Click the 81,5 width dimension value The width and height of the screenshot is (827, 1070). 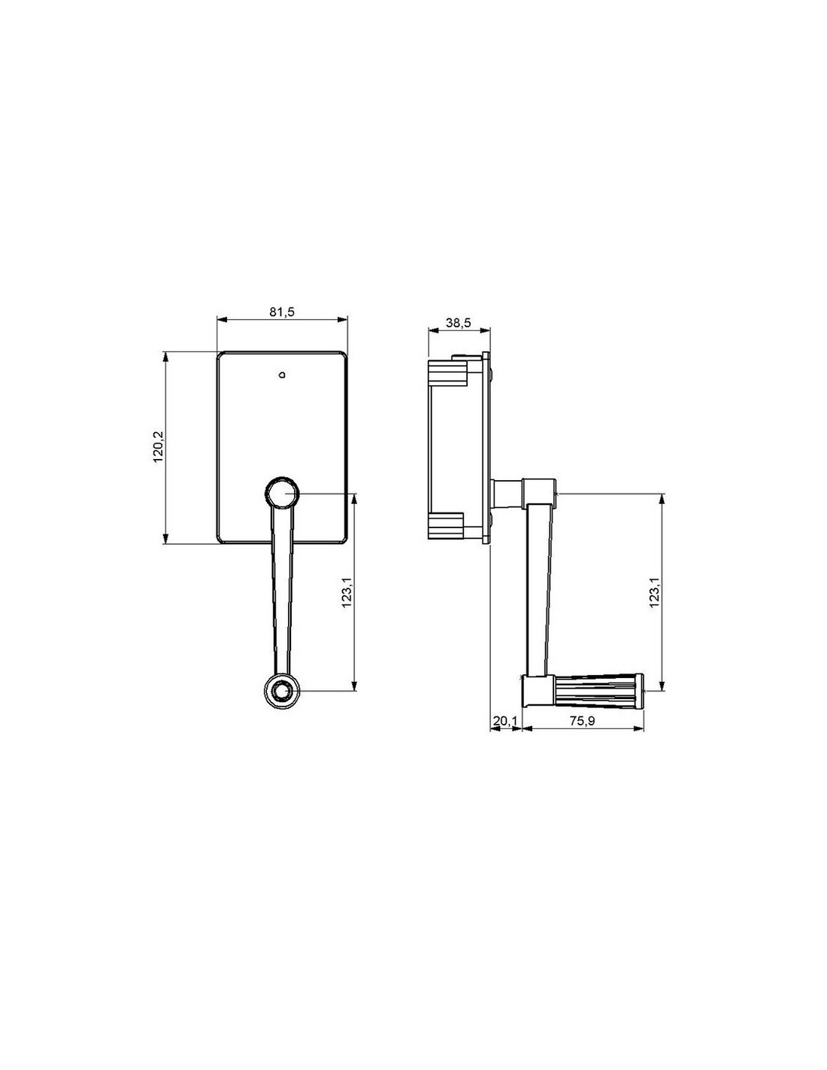[x=281, y=312]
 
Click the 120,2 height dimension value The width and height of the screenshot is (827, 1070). [x=158, y=447]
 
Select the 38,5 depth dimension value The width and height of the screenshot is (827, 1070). [x=458, y=323]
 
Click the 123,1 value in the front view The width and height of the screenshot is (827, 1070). [x=347, y=591]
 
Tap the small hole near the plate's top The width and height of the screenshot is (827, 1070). [x=282, y=375]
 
